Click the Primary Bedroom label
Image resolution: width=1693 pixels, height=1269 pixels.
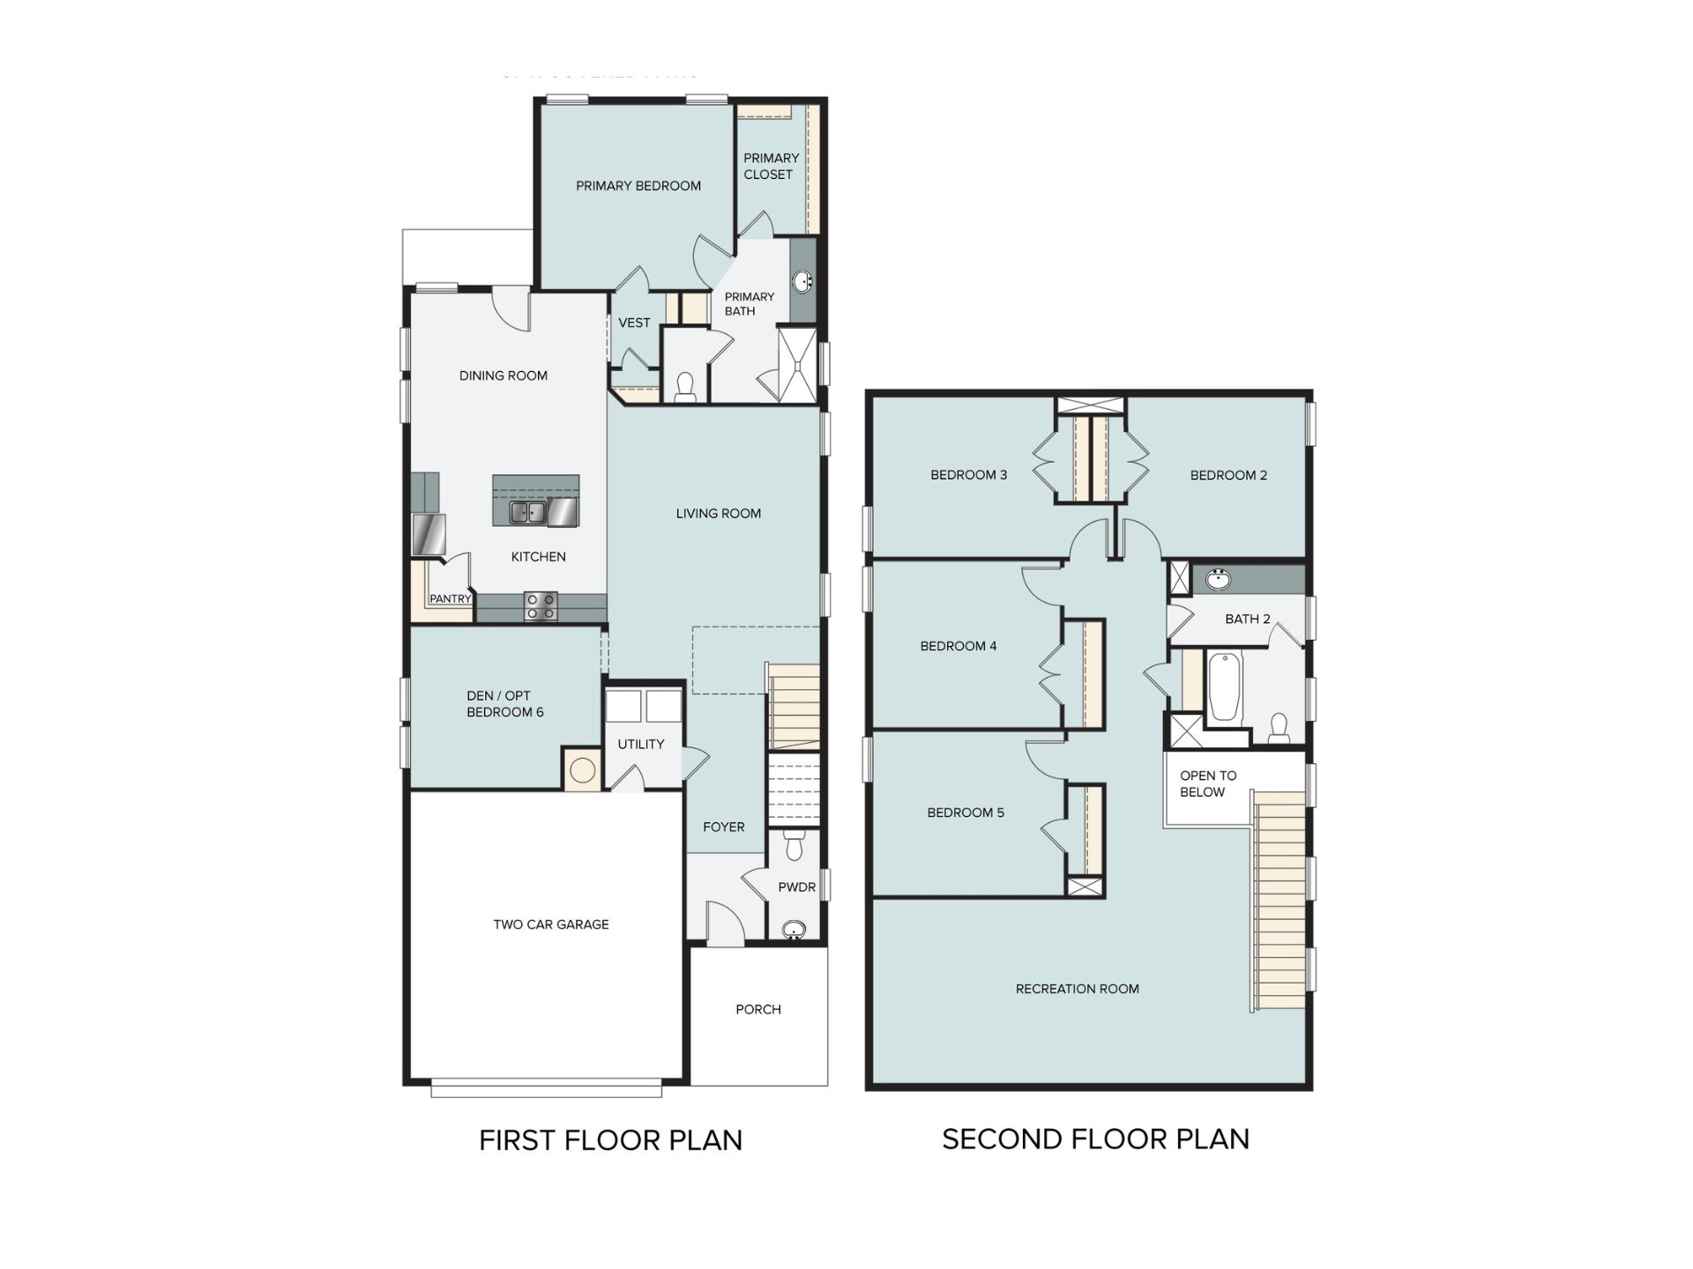click(638, 186)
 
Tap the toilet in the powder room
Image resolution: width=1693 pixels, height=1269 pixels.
click(794, 843)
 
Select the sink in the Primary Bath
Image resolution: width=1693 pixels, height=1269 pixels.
click(803, 282)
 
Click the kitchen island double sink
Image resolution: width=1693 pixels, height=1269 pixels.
click(528, 512)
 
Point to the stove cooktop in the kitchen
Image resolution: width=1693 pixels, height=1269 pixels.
click(541, 605)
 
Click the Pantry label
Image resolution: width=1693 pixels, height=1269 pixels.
click(451, 599)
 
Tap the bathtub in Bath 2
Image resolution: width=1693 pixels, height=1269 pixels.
click(1225, 687)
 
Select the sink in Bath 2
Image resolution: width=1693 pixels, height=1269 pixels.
click(1219, 580)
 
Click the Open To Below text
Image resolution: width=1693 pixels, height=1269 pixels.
click(1208, 783)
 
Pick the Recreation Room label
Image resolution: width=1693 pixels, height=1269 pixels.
click(1078, 989)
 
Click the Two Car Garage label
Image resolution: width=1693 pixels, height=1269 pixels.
click(551, 924)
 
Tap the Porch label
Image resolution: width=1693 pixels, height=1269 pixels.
click(758, 1009)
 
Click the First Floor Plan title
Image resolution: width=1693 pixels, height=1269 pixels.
click(610, 1140)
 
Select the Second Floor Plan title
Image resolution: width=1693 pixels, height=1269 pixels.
click(1096, 1139)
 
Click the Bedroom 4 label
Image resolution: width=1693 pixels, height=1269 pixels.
click(958, 646)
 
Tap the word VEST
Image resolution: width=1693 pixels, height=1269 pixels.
click(634, 323)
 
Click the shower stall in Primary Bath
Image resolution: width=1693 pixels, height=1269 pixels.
click(797, 365)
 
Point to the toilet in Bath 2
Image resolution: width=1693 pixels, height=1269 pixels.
click(1279, 728)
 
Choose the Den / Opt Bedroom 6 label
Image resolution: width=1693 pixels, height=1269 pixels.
click(505, 703)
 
